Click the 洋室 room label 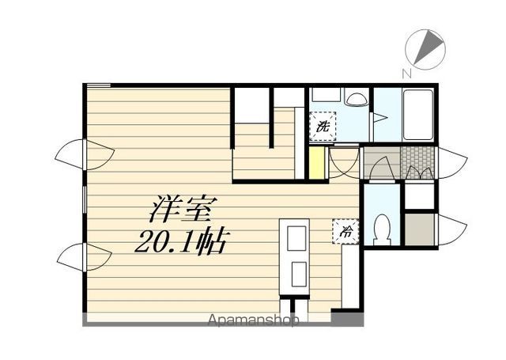coord(182,210)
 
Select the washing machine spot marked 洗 coord(323,127)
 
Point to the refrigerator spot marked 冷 coord(346,231)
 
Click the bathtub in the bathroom coord(418,115)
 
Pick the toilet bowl coord(382,230)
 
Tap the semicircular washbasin coord(356,99)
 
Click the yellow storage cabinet coord(316,163)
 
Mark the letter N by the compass coord(406,74)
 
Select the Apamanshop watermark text coord(253,320)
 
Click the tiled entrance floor coord(417,163)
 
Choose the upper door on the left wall coord(85,154)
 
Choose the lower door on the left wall coord(85,257)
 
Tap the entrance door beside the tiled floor coord(451,163)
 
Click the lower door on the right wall coord(451,229)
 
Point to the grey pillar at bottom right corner coord(347,318)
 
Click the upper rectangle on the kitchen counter coord(296,238)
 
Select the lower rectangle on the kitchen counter coord(299,274)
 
